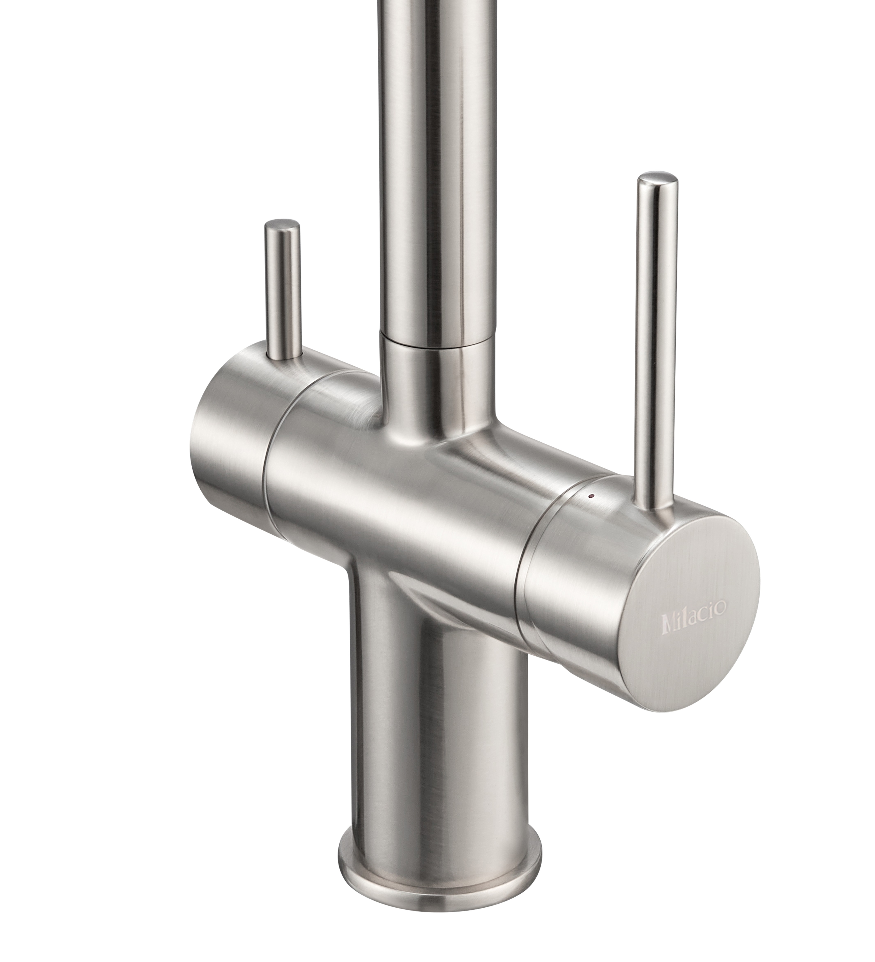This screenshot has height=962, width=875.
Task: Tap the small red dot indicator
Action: click(x=592, y=497)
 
